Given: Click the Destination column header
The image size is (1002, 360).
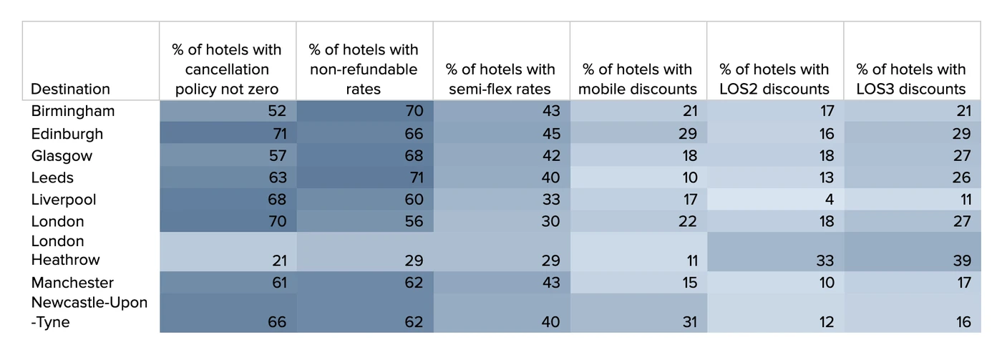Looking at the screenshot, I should click(x=70, y=89).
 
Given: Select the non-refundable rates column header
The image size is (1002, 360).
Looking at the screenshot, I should click(x=363, y=69).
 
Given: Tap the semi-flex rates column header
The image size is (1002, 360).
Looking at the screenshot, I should click(x=500, y=79).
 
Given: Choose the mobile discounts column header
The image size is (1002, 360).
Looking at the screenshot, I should click(x=637, y=79).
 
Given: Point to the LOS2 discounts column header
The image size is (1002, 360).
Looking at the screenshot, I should click(x=774, y=79).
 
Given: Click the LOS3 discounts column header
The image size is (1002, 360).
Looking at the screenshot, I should click(x=911, y=79).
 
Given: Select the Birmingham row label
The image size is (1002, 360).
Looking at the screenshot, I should click(x=73, y=112).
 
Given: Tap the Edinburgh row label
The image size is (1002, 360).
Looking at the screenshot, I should click(x=67, y=134).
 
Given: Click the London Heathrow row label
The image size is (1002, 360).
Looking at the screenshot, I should click(x=66, y=250).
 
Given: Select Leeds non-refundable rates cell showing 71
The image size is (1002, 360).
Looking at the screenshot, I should click(x=414, y=177).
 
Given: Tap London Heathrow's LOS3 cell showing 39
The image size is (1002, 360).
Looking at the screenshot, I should click(x=961, y=261).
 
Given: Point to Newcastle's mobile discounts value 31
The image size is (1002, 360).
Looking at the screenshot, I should click(x=688, y=322).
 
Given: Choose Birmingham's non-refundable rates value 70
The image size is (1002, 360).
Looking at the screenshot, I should click(x=414, y=112).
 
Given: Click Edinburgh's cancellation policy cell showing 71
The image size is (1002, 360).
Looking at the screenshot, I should click(x=277, y=134).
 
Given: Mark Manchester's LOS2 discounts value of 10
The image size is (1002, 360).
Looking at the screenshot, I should click(x=825, y=283).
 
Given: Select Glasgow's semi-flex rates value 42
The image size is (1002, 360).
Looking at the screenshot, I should click(x=551, y=156).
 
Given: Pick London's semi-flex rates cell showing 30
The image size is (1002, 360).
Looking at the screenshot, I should click(x=551, y=222).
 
